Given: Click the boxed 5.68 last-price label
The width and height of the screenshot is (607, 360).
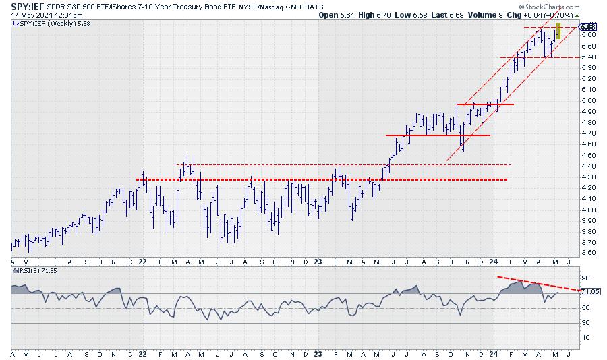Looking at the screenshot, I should pyautogui.click(x=587, y=27).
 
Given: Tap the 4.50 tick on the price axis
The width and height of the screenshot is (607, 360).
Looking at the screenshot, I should pyautogui.click(x=587, y=155).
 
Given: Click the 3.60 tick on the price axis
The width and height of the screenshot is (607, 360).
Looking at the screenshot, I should pyautogui.click(x=587, y=253).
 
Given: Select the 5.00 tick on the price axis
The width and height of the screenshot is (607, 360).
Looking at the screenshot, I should pyautogui.click(x=587, y=100).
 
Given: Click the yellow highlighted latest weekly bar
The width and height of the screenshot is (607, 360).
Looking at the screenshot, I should pyautogui.click(x=558, y=30).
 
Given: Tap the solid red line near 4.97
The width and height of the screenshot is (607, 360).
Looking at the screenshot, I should pyautogui.click(x=485, y=104).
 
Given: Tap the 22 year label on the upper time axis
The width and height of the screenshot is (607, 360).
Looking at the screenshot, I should pyautogui.click(x=142, y=262).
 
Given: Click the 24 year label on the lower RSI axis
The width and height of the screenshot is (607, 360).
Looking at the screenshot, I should pyautogui.click(x=494, y=353).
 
